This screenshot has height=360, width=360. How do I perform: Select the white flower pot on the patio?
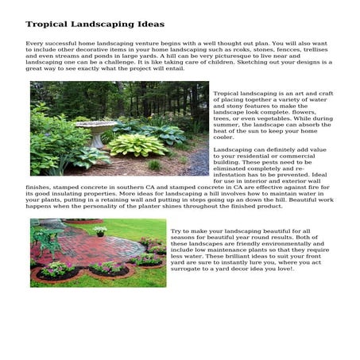coord(99,230)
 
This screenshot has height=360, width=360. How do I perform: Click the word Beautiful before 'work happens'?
coord(297,200)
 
